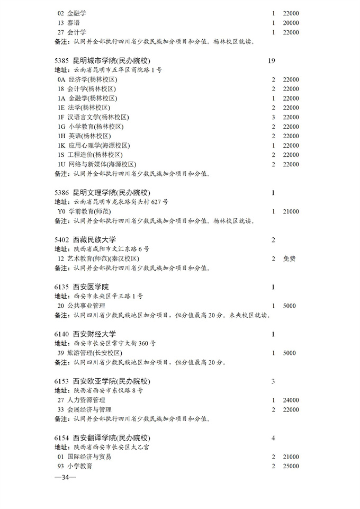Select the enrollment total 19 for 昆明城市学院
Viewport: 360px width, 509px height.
click(272, 61)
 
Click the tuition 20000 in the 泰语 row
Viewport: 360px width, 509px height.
click(291, 23)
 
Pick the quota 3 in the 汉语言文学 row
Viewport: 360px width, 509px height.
click(273, 117)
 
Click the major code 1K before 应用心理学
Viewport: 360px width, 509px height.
click(61, 146)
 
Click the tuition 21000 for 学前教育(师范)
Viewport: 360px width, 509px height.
click(291, 211)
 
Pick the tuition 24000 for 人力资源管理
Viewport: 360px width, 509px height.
click(291, 400)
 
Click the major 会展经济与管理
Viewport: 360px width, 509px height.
click(89, 409)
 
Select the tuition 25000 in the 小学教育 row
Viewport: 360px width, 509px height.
click(291, 466)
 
